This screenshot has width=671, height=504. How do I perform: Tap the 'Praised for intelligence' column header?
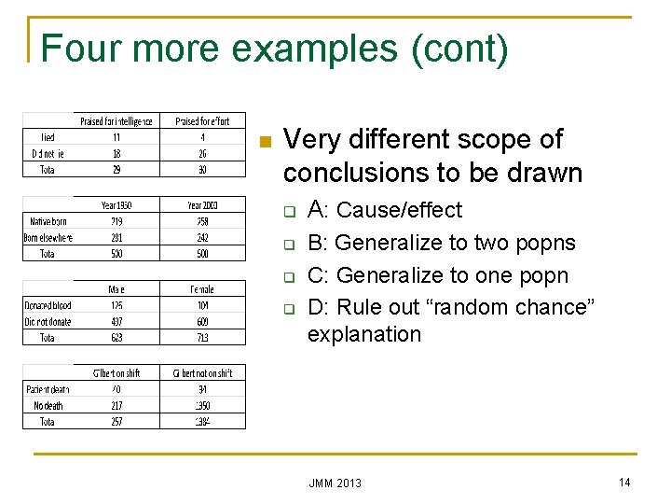click(x=116, y=120)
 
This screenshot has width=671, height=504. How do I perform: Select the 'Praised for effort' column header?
click(x=202, y=120)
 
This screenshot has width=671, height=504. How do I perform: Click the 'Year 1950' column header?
click(x=116, y=204)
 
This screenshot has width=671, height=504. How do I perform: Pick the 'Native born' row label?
click(x=48, y=221)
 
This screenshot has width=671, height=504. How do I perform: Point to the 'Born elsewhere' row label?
click(x=48, y=237)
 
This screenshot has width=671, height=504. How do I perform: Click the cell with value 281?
click(x=116, y=237)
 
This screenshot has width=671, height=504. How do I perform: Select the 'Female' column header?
click(x=202, y=289)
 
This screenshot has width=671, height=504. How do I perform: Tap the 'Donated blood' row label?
click(x=48, y=305)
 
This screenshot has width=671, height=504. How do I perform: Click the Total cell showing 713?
click(x=202, y=338)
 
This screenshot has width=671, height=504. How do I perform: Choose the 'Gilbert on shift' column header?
click(x=116, y=373)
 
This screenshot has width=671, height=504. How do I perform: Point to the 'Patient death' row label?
click(x=48, y=389)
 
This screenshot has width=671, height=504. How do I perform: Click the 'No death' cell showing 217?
click(x=116, y=406)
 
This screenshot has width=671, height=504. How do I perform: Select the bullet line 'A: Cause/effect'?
click(x=384, y=210)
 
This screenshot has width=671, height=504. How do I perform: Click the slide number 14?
click(x=623, y=481)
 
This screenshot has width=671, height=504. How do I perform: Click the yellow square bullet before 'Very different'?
click(x=264, y=142)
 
